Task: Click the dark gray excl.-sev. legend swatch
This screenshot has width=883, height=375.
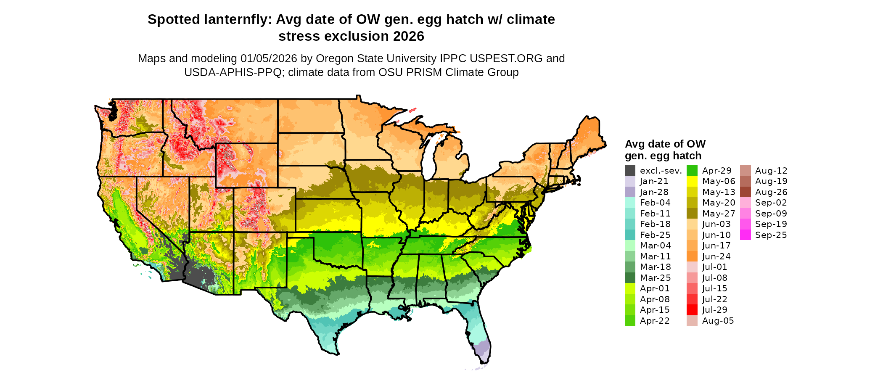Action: coord(630,171)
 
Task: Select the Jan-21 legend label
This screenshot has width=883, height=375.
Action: coord(654,181)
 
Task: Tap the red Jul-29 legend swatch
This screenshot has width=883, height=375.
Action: coord(692,310)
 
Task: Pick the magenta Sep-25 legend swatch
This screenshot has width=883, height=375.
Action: coord(745,235)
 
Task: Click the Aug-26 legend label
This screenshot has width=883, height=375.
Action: coord(771,192)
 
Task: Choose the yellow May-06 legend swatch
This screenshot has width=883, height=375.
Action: coord(692,181)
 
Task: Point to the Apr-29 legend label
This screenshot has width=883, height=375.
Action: coord(716,171)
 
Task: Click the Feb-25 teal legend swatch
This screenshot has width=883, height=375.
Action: coord(630,235)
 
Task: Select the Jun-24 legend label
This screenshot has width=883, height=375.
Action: coord(716,256)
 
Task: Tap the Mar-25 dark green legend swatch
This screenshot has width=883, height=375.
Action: coord(630,278)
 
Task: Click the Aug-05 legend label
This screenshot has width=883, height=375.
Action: coord(718,321)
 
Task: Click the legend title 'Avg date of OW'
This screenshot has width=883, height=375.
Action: coord(665,144)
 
